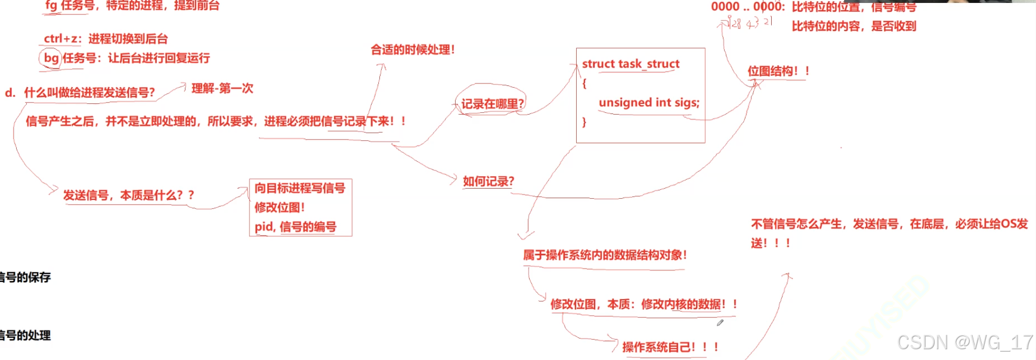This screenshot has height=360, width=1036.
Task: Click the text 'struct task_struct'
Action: point(630,64)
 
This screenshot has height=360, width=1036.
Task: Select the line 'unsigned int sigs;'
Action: point(649,103)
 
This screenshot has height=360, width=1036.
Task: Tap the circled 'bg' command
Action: point(51,58)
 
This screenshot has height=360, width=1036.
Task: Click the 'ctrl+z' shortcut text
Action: point(61,39)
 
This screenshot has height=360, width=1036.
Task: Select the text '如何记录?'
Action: point(488,181)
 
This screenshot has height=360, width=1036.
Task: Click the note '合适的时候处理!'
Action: point(413,50)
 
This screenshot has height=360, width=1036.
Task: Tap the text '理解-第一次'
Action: point(222,88)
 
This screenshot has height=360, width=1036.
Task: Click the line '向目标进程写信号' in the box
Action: point(300,188)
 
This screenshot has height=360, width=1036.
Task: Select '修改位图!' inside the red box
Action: point(280,207)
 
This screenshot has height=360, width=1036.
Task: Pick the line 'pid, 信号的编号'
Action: point(295,227)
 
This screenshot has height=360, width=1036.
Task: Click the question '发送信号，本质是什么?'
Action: point(129,195)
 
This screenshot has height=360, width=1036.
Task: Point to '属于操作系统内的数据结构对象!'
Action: point(605,255)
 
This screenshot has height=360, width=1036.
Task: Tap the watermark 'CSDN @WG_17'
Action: point(965,342)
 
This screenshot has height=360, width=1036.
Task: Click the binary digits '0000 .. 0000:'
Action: point(748,7)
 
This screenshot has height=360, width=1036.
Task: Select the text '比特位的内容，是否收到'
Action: point(853,26)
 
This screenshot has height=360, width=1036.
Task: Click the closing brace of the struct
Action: point(585,122)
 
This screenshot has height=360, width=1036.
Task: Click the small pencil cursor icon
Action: point(720,323)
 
